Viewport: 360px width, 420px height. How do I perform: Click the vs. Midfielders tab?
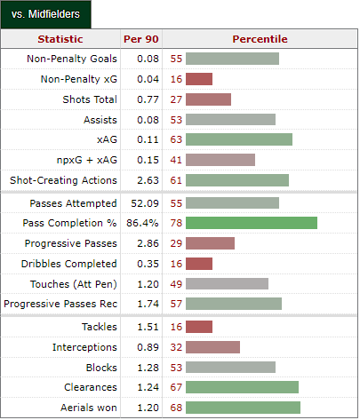click(45, 14)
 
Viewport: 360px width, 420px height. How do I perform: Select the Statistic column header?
click(60, 39)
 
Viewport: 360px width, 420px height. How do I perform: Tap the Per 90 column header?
click(141, 39)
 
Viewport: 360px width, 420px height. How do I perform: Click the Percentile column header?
click(260, 39)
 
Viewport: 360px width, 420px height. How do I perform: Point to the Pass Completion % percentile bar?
click(252, 223)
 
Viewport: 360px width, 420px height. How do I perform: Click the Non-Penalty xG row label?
click(79, 79)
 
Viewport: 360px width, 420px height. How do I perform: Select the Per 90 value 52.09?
click(145, 203)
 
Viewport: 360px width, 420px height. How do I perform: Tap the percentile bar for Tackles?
click(199, 327)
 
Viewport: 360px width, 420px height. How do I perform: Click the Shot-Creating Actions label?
click(63, 180)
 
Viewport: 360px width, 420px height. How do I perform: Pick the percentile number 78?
click(176, 223)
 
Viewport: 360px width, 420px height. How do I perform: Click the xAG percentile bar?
click(239, 139)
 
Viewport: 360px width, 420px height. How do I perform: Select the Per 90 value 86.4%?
click(142, 223)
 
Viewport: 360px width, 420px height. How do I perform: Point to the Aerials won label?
click(89, 408)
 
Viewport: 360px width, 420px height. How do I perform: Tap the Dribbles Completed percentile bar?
click(199, 264)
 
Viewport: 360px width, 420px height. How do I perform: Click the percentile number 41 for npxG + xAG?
click(176, 160)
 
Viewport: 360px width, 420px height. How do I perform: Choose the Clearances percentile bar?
click(242, 387)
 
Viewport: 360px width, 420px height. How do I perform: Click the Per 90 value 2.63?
click(148, 180)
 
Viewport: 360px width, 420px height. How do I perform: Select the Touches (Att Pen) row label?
click(74, 284)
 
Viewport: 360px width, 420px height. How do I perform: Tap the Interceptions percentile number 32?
click(176, 347)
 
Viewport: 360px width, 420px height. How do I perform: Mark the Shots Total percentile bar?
click(208, 99)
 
